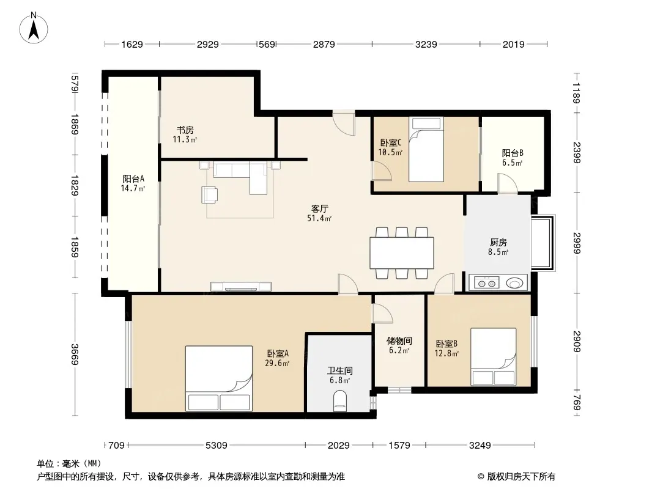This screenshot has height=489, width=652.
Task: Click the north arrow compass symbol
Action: tap(34, 28)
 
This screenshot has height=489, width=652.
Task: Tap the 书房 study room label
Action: tap(185, 130)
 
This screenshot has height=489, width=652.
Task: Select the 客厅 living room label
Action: tap(319, 208)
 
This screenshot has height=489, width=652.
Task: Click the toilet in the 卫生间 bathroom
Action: tap(340, 402)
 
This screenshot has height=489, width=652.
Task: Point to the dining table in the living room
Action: tap(402, 253)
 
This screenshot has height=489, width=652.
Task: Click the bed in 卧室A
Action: tap(219, 378)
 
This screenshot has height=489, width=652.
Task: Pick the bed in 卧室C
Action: tap(426, 149)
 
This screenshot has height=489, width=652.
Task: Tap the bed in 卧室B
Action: tap(494, 357)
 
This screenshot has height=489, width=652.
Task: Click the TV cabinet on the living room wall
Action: tap(241, 287)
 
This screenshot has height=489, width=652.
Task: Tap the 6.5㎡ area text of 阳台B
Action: tap(512, 163)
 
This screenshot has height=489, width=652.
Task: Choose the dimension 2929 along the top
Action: tap(207, 44)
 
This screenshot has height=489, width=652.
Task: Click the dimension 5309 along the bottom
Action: tap(217, 446)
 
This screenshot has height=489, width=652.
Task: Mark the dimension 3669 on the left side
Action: tap(75, 355)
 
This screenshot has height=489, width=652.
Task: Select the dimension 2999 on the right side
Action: tap(576, 243)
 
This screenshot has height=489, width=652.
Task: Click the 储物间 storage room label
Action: tap(399, 340)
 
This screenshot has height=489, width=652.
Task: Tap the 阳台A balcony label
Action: tap(133, 178)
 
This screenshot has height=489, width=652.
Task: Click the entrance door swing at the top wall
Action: tap(344, 123)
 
